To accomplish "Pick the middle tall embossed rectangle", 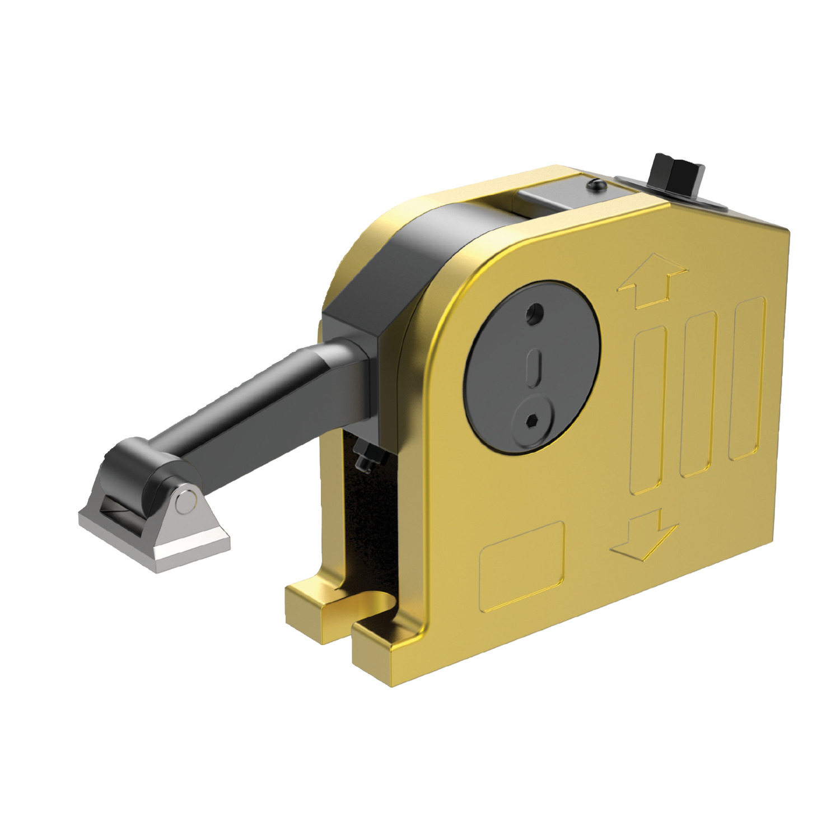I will point(698,394).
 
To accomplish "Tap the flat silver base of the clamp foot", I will point(157,540).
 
